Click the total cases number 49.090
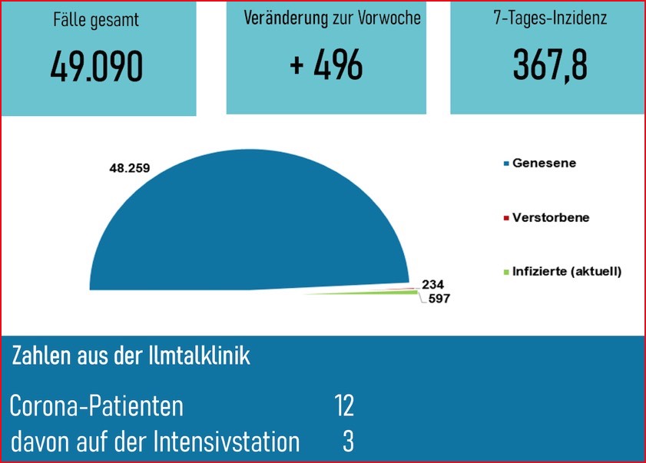pos(96,68)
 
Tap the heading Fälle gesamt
pos(97,21)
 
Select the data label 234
pos(433,283)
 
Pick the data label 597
pos(437,299)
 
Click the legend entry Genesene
pos(544,163)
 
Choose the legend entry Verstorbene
pos(551,217)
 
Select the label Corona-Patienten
pos(97,405)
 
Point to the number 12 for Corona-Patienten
pos(344,405)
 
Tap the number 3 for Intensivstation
pos(348,442)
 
